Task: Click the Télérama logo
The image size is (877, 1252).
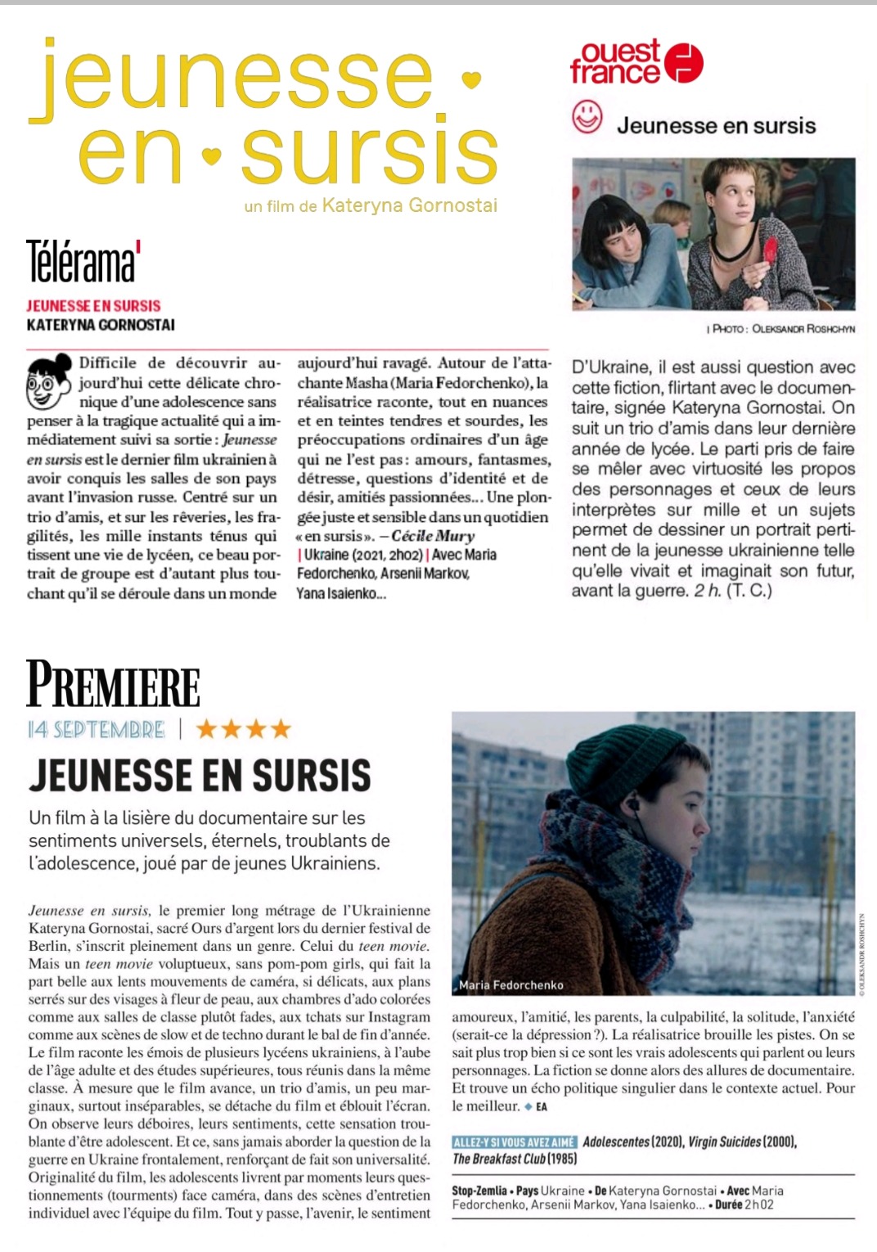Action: click(x=83, y=261)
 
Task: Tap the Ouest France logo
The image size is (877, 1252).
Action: click(x=636, y=62)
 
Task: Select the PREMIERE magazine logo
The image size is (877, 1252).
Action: click(x=113, y=684)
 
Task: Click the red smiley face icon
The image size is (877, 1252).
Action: click(x=587, y=118)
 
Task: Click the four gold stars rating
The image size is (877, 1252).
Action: click(x=243, y=728)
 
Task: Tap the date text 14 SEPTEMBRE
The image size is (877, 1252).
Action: click(x=96, y=729)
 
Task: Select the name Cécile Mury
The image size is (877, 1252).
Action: click(x=433, y=536)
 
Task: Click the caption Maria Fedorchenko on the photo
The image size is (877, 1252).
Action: click(x=511, y=985)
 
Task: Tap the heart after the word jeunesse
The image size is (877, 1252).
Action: click(x=471, y=79)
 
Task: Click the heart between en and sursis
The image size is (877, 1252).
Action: click(x=211, y=154)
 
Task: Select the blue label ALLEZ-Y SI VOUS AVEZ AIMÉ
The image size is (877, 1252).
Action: click(x=515, y=1142)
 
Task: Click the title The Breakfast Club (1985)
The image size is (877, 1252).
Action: click(x=515, y=1159)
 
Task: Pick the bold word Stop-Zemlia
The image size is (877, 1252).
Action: click(x=480, y=1191)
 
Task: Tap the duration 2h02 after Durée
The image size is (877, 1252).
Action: click(x=758, y=1205)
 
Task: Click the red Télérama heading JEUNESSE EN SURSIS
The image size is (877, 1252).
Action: click(x=93, y=306)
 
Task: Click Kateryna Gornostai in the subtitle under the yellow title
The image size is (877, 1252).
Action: click(x=409, y=205)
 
